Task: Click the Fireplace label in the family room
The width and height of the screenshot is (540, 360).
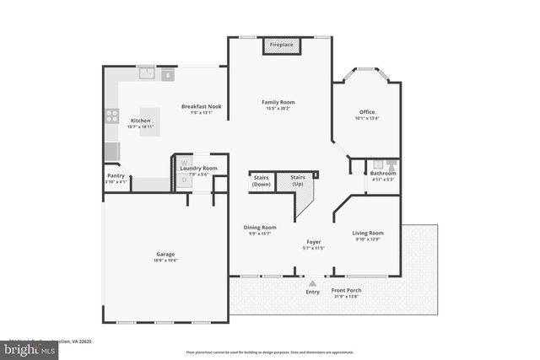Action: coord(281,45)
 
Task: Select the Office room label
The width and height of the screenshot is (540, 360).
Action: coord(366,111)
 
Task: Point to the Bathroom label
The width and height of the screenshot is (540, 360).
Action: coord(383,173)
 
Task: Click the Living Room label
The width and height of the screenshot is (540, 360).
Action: coord(368,233)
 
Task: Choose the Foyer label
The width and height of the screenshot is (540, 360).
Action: coord(314,241)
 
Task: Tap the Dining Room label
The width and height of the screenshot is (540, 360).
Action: coord(261,227)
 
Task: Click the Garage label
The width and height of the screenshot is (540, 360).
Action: coord(165,254)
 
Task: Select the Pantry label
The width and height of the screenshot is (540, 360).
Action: coord(116,175)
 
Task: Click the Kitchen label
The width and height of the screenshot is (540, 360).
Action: coord(140,121)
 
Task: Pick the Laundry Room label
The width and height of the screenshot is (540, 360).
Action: coord(204,168)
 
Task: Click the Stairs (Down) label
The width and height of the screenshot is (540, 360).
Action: coord(262,180)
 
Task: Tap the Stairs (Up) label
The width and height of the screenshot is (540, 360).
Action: coord(297,180)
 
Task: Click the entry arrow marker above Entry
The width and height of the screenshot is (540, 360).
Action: coord(313,283)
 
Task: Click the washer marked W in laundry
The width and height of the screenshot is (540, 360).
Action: coord(182,163)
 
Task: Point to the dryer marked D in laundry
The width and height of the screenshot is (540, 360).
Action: coord(182,180)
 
